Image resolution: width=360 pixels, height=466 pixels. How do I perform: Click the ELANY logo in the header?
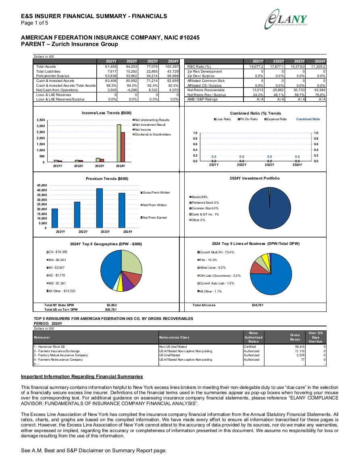tap(286, 19)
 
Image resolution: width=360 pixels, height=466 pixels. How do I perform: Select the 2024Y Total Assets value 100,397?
tap(172, 67)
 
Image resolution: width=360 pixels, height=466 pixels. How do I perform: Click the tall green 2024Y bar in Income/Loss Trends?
tap(119, 143)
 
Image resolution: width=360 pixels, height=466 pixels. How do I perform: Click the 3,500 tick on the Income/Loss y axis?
tap(41, 120)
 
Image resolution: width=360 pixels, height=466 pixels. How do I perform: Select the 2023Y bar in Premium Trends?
tap(100, 208)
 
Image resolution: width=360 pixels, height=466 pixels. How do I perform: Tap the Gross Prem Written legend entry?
tap(155, 192)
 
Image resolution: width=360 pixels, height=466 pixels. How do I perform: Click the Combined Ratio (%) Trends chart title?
tap(256, 113)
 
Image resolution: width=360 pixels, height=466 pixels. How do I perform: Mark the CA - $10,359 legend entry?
tap(57, 252)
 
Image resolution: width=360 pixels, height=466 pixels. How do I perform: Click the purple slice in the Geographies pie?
tap(128, 285)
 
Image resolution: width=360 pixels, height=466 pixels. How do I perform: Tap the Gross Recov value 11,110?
tap(300, 351)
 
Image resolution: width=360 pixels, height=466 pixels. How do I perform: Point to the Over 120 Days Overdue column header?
tap(315, 337)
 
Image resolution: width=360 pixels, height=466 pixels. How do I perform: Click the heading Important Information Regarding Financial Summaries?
tap(82, 376)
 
